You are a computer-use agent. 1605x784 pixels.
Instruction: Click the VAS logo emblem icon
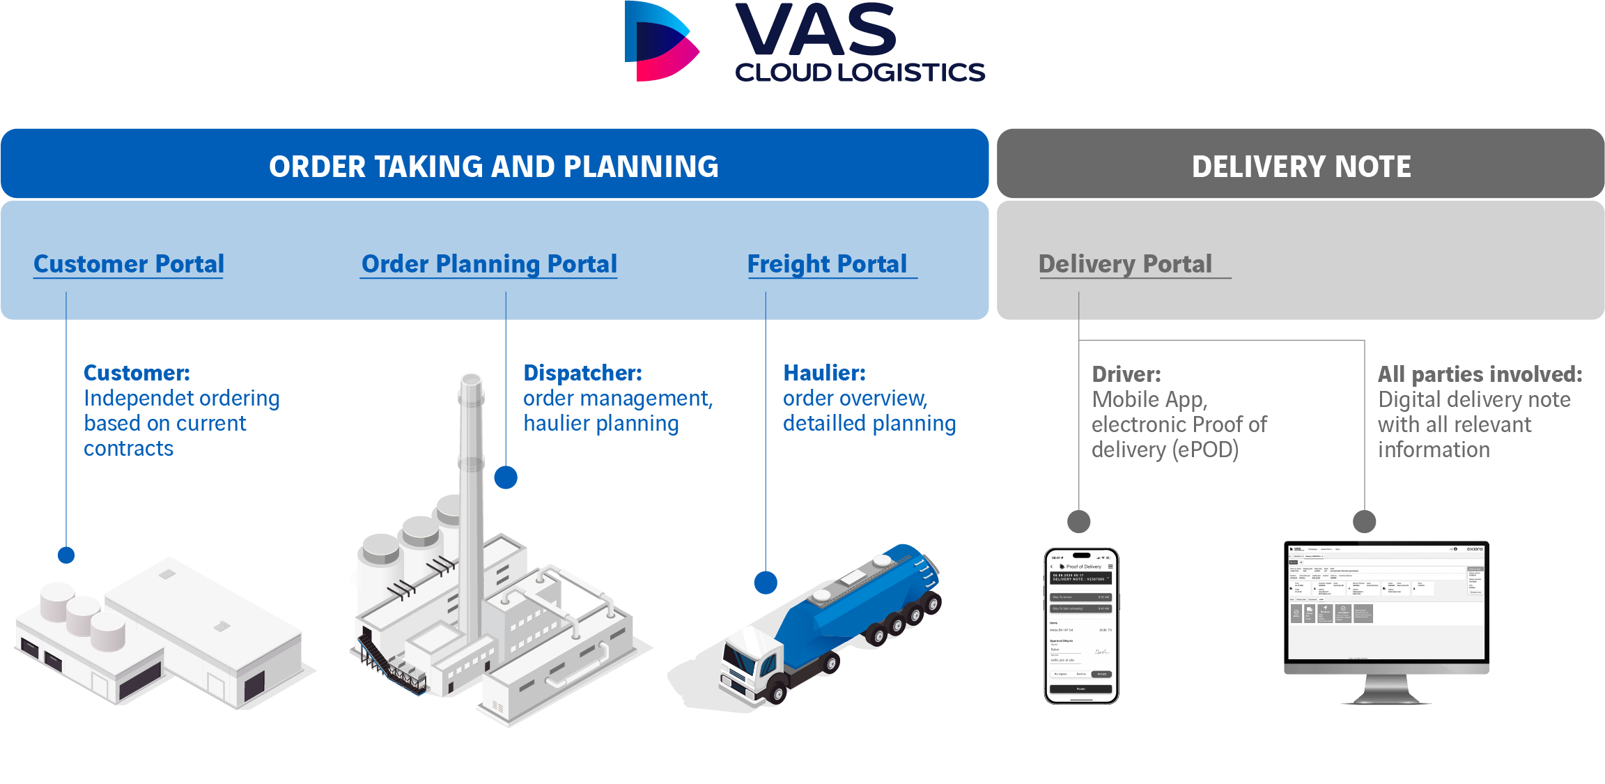point(661,42)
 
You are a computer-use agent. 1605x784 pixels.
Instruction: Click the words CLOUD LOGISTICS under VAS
point(860,72)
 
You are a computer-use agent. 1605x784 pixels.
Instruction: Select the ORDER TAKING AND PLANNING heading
point(493,167)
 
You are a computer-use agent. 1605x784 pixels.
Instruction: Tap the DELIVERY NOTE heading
point(1301,167)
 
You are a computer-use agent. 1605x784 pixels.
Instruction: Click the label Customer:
point(137,373)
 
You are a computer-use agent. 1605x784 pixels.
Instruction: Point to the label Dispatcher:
point(582,373)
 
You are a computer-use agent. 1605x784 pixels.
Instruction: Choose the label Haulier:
point(824,373)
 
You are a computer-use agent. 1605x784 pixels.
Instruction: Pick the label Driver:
point(1126,374)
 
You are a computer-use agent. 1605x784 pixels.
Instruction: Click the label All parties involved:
point(1480,374)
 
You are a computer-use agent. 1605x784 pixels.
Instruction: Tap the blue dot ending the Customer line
point(66,555)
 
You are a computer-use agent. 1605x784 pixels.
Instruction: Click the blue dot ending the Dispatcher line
point(506,477)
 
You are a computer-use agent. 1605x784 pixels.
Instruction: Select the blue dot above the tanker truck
point(766,583)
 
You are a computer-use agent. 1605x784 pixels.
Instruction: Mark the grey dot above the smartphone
point(1079,521)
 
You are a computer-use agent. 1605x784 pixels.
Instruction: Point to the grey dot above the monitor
point(1365,521)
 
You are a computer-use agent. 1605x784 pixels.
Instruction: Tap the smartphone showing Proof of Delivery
point(1081,625)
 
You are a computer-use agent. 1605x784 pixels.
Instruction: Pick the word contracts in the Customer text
point(128,448)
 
